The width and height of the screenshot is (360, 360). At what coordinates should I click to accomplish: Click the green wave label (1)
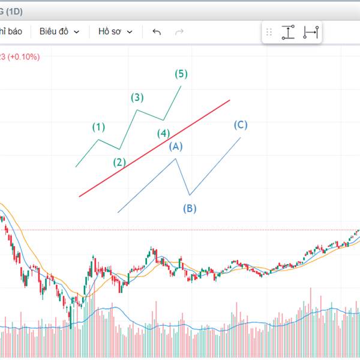[99, 127]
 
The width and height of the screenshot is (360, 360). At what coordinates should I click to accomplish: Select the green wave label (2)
[120, 162]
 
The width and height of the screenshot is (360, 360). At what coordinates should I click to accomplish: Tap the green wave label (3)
[138, 97]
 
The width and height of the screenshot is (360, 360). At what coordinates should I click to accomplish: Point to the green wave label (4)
[163, 133]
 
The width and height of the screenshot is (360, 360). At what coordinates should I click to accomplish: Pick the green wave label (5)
[181, 74]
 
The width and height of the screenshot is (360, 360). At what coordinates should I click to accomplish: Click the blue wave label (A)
[175, 146]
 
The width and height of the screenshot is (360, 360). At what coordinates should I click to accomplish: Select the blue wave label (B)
[190, 209]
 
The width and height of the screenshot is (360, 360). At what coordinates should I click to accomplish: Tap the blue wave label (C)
[241, 125]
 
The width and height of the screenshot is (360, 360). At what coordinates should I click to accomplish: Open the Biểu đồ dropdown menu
[59, 32]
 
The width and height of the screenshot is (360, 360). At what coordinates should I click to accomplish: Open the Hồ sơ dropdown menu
[115, 32]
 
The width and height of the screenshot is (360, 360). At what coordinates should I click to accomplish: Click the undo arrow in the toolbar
[157, 32]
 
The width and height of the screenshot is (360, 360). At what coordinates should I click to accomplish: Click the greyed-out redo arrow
[179, 32]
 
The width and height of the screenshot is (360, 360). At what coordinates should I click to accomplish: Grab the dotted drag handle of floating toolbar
[269, 32]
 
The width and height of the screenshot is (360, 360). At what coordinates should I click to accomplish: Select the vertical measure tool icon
[288, 32]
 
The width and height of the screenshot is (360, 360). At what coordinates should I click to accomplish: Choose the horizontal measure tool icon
[310, 32]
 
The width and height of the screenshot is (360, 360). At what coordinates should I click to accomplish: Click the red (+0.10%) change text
[24, 57]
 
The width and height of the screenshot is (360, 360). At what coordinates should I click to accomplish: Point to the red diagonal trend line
[154, 148]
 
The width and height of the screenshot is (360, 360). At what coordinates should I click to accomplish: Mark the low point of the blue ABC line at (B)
[190, 195]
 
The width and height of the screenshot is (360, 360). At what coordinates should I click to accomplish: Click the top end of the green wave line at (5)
[181, 86]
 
